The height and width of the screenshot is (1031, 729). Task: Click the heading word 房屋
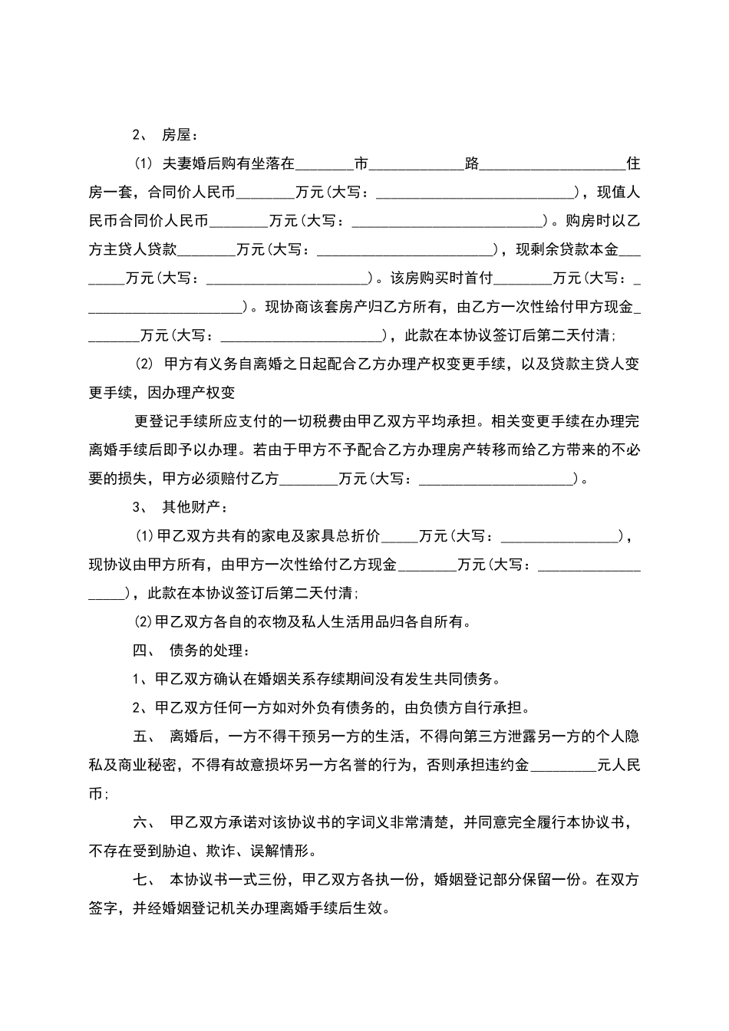[176, 135]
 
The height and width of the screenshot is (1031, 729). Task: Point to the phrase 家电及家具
[269, 536]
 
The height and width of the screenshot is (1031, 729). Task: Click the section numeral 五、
[144, 736]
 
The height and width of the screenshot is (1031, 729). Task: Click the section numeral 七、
[144, 880]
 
